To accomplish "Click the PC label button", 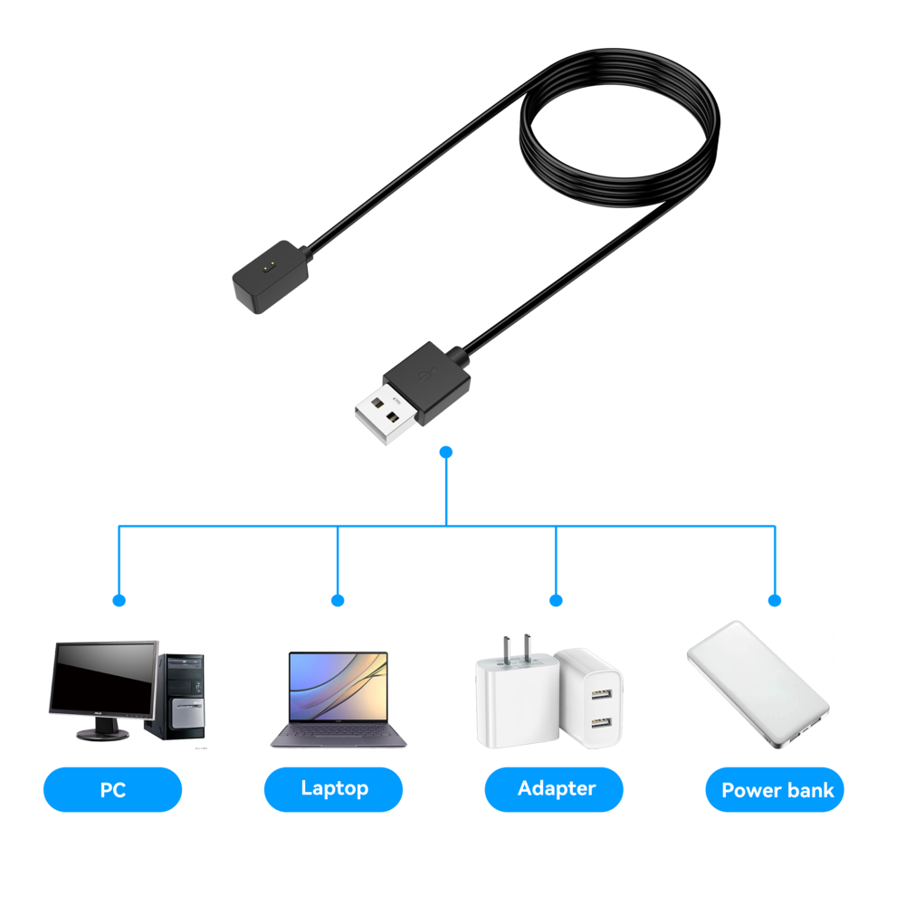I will click(x=112, y=790).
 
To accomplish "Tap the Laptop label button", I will click(x=334, y=789).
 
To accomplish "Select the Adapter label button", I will click(x=555, y=789).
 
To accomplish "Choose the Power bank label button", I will click(x=776, y=790).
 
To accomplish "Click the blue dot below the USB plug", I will click(x=445, y=451).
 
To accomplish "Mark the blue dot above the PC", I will click(x=119, y=600).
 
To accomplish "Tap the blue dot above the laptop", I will click(x=338, y=600).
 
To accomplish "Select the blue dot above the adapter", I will click(x=556, y=600).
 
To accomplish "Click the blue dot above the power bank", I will click(x=774, y=600).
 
